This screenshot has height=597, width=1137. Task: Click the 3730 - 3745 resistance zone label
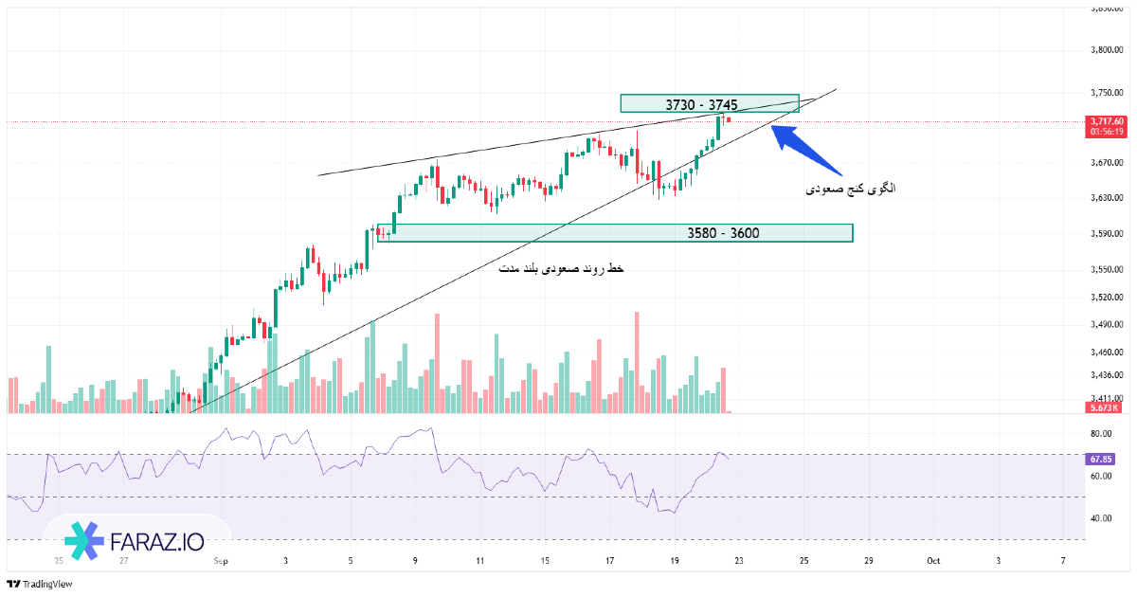[x=701, y=104]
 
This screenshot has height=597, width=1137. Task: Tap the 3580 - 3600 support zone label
[x=723, y=233]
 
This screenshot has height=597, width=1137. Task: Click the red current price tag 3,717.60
[x=1107, y=121]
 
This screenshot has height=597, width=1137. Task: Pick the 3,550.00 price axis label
[x=1107, y=269]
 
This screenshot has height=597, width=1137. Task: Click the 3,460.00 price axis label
[x=1107, y=352]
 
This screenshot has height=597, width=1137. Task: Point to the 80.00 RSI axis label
[x=1100, y=434]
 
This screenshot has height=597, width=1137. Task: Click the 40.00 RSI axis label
[x=1100, y=518]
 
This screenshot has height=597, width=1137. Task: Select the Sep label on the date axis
[x=221, y=561]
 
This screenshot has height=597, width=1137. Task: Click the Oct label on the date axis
[x=932, y=561]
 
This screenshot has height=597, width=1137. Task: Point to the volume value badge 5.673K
[x=1103, y=408]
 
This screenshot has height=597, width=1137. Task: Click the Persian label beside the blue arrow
[x=850, y=189]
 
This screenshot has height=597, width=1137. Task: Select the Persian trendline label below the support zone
[x=561, y=270]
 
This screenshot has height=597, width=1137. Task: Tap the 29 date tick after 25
[x=868, y=561]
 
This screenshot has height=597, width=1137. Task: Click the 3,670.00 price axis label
[x=1107, y=163]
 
